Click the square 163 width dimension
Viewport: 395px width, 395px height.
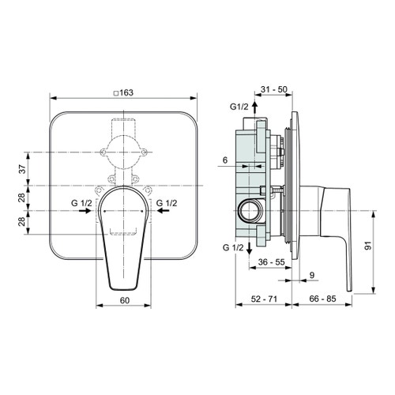pyautogui.click(x=122, y=92)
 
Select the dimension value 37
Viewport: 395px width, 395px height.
pyautogui.click(x=22, y=167)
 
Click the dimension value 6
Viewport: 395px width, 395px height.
pyautogui.click(x=226, y=160)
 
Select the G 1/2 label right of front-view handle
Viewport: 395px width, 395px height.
pyautogui.click(x=167, y=204)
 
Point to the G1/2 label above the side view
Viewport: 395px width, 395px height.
pyautogui.click(x=239, y=107)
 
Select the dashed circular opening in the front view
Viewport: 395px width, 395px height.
pyautogui.click(x=122, y=149)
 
